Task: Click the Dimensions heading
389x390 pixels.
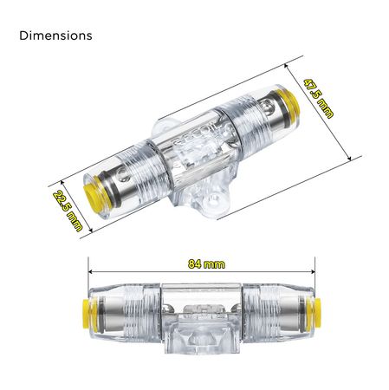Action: click(55, 36)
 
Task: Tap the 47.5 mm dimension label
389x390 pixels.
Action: click(318, 99)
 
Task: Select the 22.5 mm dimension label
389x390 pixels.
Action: click(68, 211)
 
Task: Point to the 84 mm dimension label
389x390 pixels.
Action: click(206, 264)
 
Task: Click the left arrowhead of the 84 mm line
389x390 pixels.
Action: click(91, 271)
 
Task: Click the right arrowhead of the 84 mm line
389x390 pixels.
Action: click(313, 271)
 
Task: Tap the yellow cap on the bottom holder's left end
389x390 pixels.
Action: click(86, 314)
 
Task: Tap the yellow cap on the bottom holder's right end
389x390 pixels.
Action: click(316, 314)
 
